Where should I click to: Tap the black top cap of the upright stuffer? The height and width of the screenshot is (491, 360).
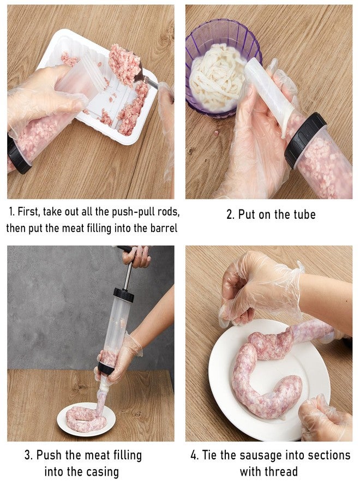point(124,295)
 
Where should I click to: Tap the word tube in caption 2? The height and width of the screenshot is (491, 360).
point(302,214)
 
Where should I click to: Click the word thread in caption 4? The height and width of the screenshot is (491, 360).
point(281,471)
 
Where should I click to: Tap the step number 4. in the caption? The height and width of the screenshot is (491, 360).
point(195,455)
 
